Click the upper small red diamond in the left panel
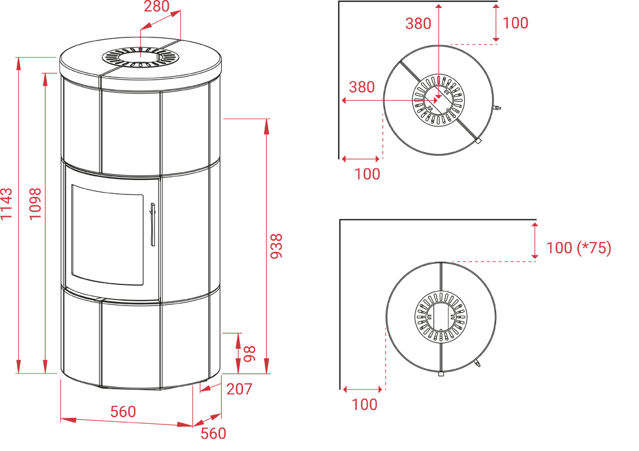pyautogui.click(x=140, y=42)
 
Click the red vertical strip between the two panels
pyautogui.click(x=280, y=223)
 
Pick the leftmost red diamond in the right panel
pyautogui.click(x=394, y=100)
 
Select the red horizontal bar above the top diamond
pyautogui.click(x=410, y=30)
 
